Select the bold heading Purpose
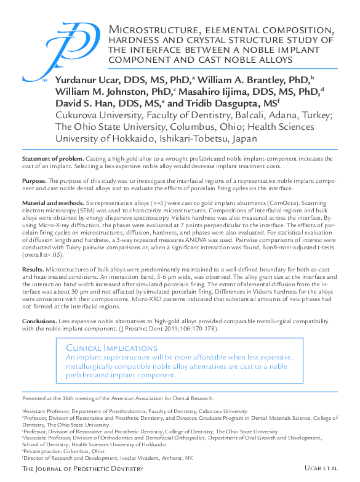tap(34, 181)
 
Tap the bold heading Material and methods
tap(52, 203)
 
